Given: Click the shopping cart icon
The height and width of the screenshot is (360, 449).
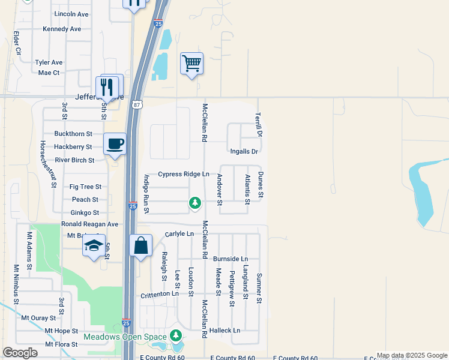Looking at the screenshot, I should (x=191, y=62).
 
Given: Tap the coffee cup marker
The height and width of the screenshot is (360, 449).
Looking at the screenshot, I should (x=115, y=144).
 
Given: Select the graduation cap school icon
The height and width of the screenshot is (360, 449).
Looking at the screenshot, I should (x=94, y=246).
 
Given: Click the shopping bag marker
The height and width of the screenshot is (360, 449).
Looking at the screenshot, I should (x=141, y=246).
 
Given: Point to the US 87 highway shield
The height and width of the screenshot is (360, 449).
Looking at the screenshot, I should (x=138, y=104).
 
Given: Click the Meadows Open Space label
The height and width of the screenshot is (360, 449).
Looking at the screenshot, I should (x=125, y=337).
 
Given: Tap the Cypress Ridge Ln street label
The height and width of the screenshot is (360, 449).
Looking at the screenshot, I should (x=184, y=174).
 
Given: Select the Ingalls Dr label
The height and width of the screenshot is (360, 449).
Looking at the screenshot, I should (x=244, y=152).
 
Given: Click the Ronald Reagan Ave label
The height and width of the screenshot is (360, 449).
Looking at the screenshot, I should (x=89, y=224).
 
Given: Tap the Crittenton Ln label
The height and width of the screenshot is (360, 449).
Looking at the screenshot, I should (x=160, y=295).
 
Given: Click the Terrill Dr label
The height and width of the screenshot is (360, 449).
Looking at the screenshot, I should (x=259, y=124).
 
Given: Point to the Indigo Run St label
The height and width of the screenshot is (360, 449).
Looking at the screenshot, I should (x=146, y=194).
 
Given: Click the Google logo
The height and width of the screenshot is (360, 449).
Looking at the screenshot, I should (x=20, y=352).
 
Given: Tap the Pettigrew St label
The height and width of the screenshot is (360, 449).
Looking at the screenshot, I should (x=232, y=289).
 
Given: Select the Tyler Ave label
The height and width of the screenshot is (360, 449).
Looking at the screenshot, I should (x=49, y=62).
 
